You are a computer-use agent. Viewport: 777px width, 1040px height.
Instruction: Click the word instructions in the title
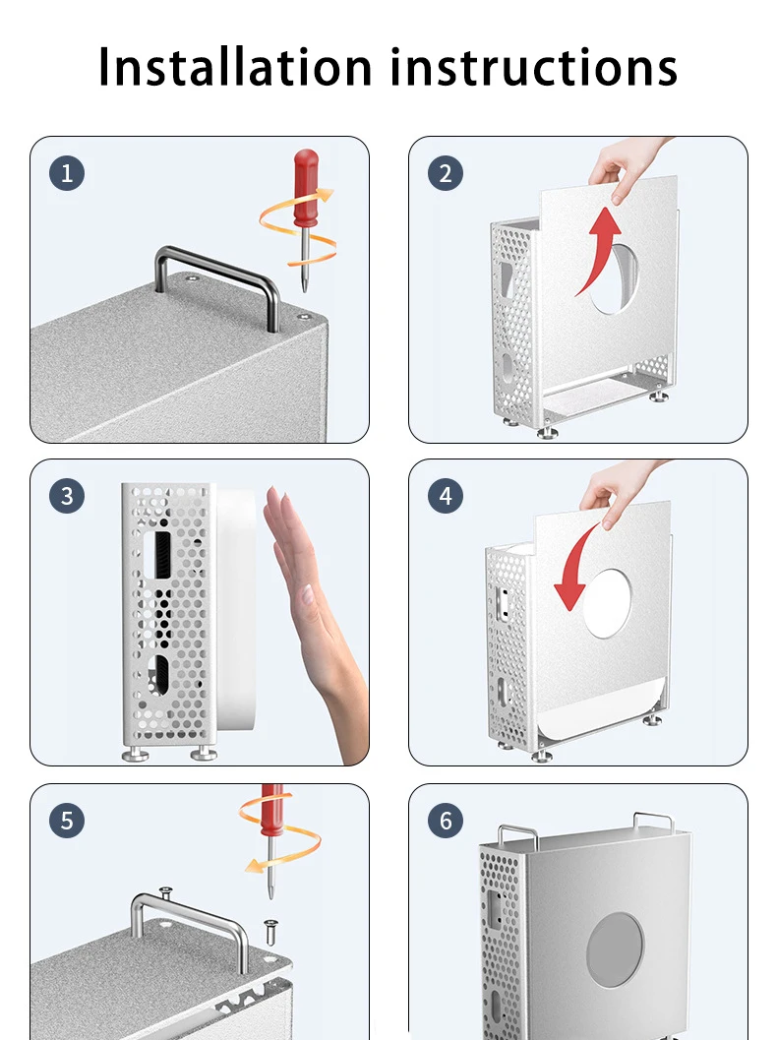(x=534, y=66)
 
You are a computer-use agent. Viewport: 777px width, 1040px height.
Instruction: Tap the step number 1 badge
(x=67, y=174)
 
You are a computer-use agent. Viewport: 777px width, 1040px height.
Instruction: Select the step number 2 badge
(x=446, y=174)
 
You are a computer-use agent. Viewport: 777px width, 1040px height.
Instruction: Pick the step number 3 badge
(x=67, y=496)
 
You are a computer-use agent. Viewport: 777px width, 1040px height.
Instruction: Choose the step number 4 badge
(x=446, y=496)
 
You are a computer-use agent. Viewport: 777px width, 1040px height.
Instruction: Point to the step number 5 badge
(x=67, y=821)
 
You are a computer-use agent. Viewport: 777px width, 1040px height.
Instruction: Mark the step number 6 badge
(x=446, y=821)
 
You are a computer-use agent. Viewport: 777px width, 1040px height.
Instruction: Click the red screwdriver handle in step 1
(x=306, y=188)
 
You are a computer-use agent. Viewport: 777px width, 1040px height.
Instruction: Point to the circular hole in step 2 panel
(x=614, y=279)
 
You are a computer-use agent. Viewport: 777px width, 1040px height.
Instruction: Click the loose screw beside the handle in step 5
(x=270, y=931)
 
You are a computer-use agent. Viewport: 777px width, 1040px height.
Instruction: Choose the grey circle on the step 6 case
(x=615, y=949)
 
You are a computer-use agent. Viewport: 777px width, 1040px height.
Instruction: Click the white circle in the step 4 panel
(x=607, y=603)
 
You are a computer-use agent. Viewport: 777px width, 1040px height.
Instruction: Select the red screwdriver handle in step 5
(x=271, y=811)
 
